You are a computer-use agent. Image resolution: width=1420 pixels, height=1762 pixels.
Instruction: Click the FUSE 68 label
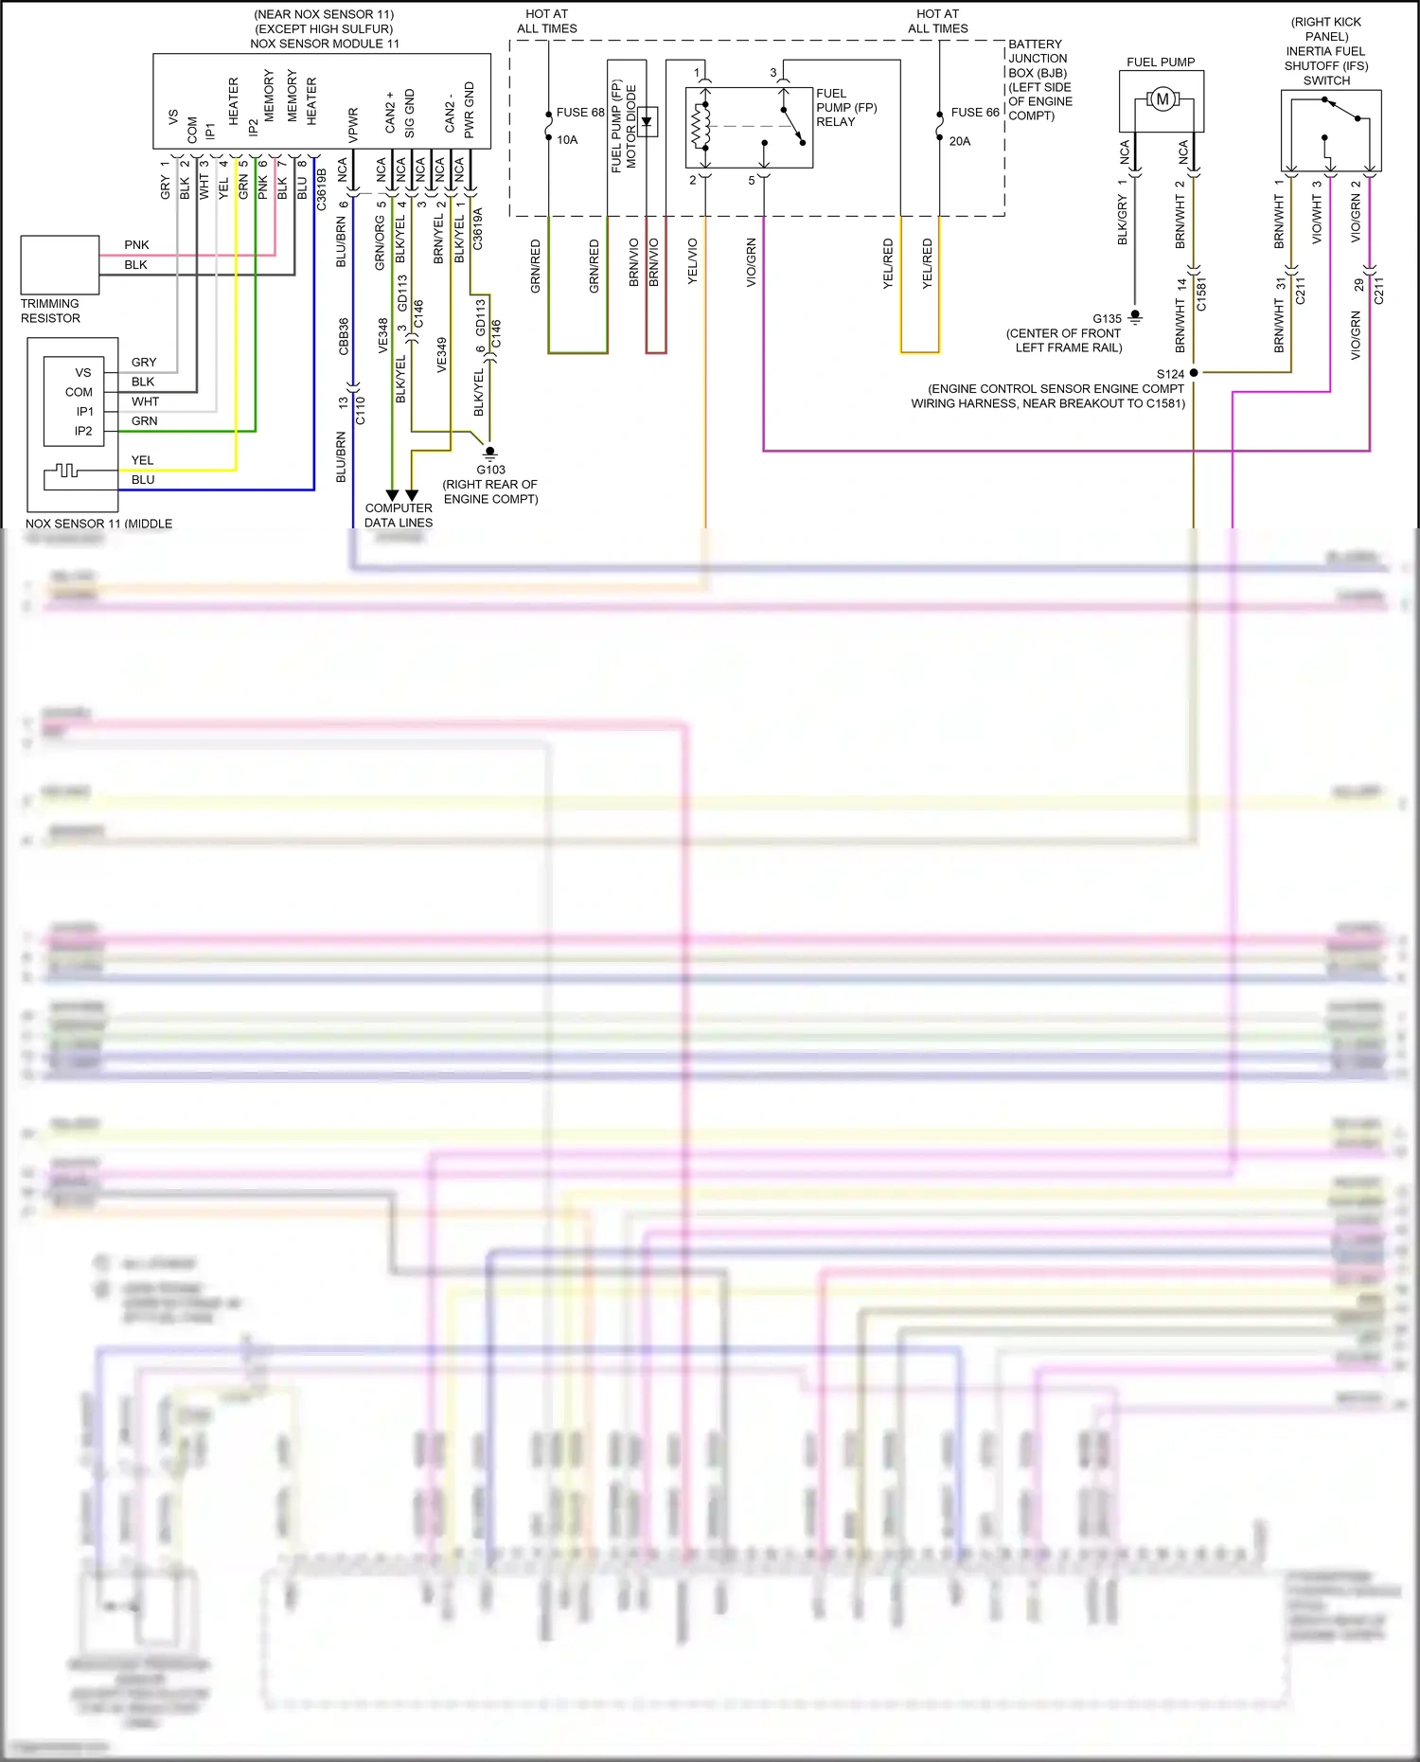click(x=579, y=112)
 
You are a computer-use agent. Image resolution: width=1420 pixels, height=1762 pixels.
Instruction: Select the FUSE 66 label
click(x=974, y=112)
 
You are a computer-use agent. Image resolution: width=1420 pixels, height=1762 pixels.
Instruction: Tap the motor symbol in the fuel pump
click(x=1162, y=99)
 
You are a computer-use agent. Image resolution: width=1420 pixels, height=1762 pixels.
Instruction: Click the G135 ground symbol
click(x=1135, y=318)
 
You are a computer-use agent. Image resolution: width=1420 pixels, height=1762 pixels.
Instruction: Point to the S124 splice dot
click(x=1194, y=373)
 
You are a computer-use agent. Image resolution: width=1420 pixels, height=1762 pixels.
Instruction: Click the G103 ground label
click(x=490, y=470)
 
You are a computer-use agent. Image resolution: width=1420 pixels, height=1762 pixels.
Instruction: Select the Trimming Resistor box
click(x=60, y=265)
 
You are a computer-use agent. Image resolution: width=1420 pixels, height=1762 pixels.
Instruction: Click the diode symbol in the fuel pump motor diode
click(x=647, y=121)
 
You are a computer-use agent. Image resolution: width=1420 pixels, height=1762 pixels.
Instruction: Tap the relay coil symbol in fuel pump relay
click(x=701, y=126)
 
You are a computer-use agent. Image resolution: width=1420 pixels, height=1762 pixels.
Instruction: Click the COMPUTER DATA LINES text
click(x=399, y=515)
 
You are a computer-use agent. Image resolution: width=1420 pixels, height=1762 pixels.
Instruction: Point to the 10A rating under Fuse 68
click(x=567, y=140)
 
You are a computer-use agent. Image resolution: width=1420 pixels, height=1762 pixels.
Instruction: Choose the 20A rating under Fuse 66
click(x=960, y=141)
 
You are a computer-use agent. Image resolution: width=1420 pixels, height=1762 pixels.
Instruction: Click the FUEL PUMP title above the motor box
click(x=1161, y=62)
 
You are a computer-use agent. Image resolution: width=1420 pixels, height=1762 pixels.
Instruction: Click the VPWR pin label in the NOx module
click(x=353, y=125)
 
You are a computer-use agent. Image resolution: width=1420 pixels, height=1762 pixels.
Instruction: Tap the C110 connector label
click(x=360, y=410)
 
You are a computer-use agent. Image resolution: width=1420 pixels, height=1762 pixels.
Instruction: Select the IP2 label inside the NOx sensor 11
click(x=83, y=431)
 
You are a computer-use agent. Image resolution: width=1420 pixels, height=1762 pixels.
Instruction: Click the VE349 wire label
click(x=441, y=354)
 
